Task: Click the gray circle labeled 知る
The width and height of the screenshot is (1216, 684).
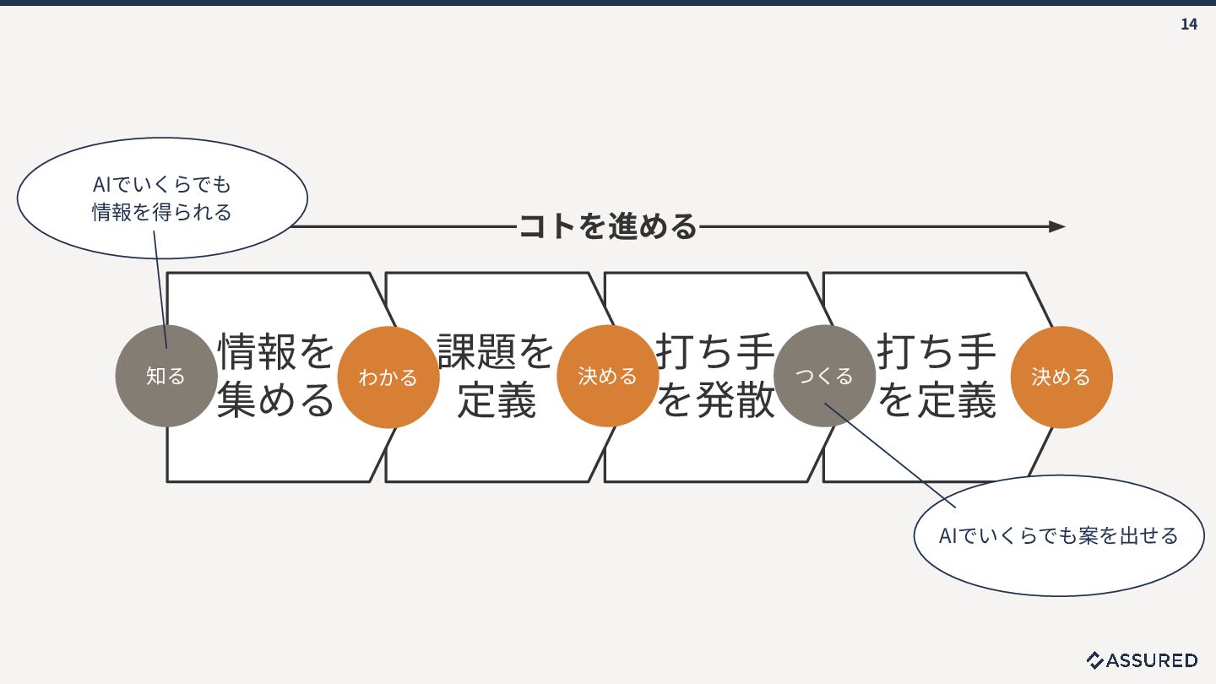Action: (x=166, y=376)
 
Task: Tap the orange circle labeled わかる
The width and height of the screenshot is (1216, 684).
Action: (x=388, y=377)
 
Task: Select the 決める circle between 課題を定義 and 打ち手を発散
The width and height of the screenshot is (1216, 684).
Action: (x=607, y=376)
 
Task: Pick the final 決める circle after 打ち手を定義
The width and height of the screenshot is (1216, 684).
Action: (x=1061, y=377)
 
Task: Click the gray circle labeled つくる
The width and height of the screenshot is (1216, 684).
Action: (x=824, y=376)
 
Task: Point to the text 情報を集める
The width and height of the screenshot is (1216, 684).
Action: (x=276, y=376)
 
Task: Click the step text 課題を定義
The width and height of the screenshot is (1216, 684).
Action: (x=497, y=376)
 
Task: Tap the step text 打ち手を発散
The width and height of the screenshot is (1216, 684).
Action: (x=715, y=376)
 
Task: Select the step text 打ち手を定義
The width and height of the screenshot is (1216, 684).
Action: (x=937, y=376)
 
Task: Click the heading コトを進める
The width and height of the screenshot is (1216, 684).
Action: (x=607, y=226)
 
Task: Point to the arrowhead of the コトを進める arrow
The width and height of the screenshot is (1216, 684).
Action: (x=1057, y=226)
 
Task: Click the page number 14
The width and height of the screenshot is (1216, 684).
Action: (x=1188, y=24)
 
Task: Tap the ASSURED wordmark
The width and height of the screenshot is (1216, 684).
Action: (x=1152, y=660)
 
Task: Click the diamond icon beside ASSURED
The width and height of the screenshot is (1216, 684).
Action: (x=1095, y=660)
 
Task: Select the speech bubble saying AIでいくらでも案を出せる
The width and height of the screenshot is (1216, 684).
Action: (x=1059, y=535)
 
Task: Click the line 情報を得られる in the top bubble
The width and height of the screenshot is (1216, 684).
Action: (x=162, y=212)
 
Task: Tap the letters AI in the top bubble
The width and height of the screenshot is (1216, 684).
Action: (x=102, y=184)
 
